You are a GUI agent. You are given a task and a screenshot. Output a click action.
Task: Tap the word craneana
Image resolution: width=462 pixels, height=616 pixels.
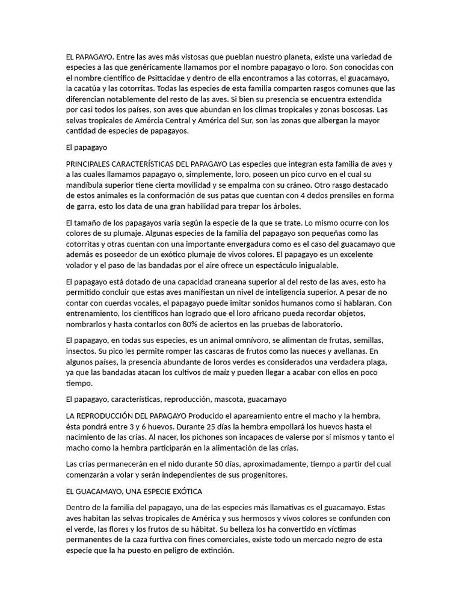pos(204,282)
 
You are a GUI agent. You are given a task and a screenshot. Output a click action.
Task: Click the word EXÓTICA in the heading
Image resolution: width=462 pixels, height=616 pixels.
pos(186,491)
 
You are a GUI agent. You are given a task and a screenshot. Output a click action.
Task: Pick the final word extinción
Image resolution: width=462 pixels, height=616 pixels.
pos(213,550)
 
